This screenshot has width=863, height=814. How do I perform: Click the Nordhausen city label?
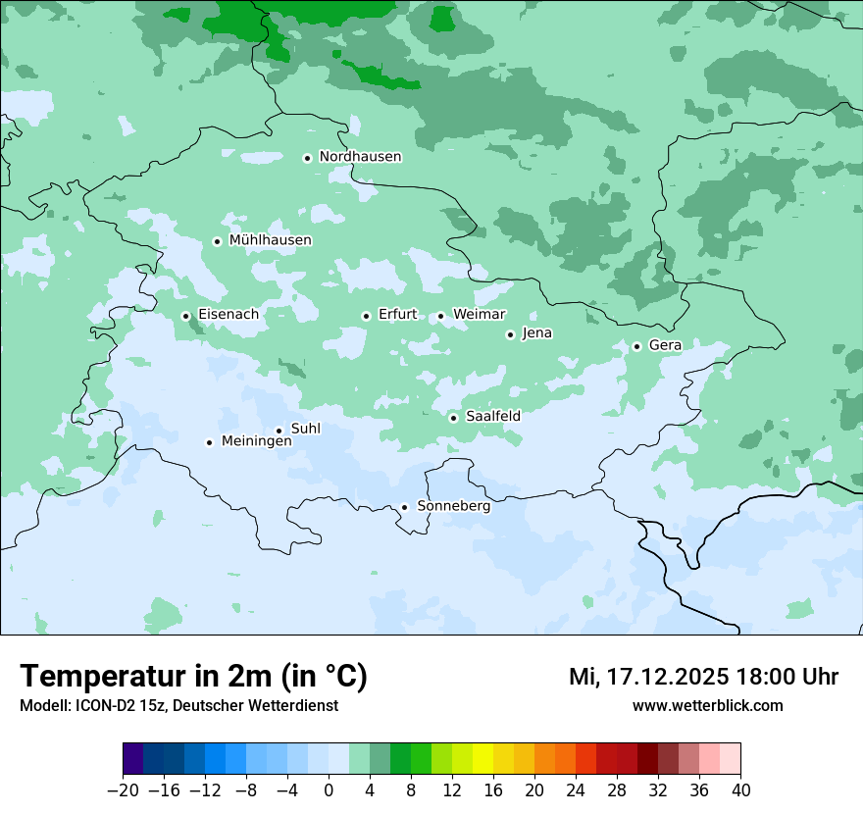click(x=360, y=157)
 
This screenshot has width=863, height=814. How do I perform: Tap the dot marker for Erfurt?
click(x=366, y=316)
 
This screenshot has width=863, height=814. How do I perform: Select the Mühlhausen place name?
click(x=270, y=240)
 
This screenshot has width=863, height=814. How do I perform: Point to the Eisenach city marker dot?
click(x=185, y=316)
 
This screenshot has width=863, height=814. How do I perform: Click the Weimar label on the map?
click(x=479, y=315)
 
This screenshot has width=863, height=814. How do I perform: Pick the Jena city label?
click(x=536, y=333)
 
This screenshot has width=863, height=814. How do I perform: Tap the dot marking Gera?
click(x=636, y=346)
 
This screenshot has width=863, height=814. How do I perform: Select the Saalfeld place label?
click(x=492, y=417)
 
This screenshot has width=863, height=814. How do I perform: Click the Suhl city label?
click(x=305, y=429)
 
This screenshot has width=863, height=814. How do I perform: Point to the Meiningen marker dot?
click(x=209, y=442)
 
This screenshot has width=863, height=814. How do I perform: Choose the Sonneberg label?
click(x=453, y=507)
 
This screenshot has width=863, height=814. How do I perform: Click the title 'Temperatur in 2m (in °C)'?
click(x=194, y=677)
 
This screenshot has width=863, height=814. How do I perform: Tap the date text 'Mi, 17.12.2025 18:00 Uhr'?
click(x=703, y=677)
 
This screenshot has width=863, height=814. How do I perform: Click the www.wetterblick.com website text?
click(x=707, y=706)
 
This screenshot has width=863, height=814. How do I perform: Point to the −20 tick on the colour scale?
click(x=123, y=790)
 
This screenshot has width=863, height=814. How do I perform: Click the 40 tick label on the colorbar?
click(x=740, y=790)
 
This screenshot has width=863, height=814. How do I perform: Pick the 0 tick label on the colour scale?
click(x=329, y=790)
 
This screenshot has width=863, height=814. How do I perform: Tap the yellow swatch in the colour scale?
click(x=482, y=759)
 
